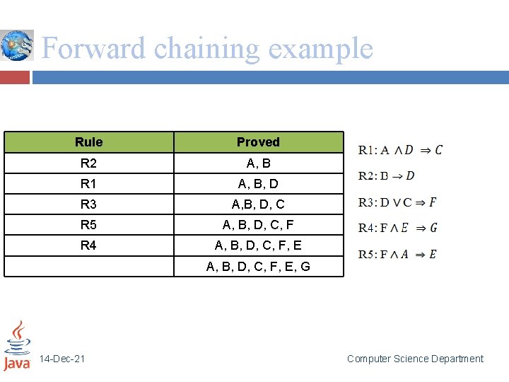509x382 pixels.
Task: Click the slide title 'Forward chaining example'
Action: tap(206, 49)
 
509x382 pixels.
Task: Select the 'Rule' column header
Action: tap(88, 142)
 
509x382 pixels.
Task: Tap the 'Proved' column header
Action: tap(258, 142)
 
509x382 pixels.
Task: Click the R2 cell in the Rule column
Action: tap(88, 163)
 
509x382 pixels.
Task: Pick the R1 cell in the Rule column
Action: tap(88, 184)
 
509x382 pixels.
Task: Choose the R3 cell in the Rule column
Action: tap(88, 204)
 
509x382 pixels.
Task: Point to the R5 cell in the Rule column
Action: tap(88, 225)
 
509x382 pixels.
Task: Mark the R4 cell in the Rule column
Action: tap(88, 245)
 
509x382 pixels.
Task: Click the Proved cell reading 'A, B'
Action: tap(258, 163)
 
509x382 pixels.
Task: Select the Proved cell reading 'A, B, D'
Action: tap(258, 184)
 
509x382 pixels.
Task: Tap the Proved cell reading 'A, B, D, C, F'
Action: tap(258, 225)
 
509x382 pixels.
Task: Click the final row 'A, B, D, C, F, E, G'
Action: tap(258, 267)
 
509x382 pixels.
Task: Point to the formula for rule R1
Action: tap(400, 149)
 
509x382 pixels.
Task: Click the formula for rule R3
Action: tap(397, 202)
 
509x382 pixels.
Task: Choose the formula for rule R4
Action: tap(398, 228)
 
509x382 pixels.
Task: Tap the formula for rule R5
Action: tap(397, 254)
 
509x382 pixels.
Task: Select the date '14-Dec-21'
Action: tap(62, 359)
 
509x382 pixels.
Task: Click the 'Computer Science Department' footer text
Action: tap(415, 359)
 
